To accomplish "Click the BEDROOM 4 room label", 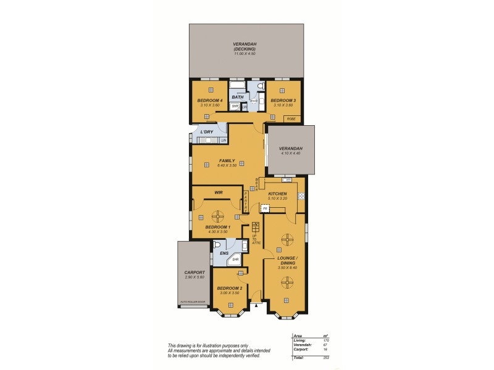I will click(209, 101).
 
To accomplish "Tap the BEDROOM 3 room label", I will click(283, 101).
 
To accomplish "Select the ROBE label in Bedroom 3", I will click(291, 118).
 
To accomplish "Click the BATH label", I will click(237, 97).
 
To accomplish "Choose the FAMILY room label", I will click(227, 160).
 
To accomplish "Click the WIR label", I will click(218, 192).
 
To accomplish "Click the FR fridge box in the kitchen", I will click(265, 209).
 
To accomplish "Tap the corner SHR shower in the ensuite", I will click(235, 260).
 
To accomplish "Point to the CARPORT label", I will click(194, 272).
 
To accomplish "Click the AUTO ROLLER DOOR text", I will click(193, 302).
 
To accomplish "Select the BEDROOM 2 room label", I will click(229, 287).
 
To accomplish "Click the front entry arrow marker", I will click(256, 304).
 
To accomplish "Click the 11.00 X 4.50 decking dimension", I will click(245, 54).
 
